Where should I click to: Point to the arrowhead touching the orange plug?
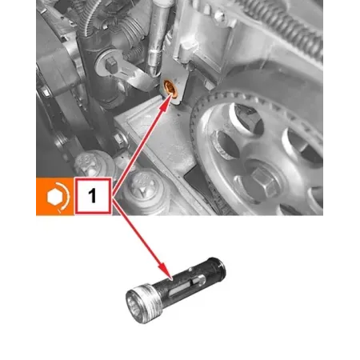[x=165, y=100]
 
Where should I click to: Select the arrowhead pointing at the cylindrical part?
[x=163, y=270]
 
